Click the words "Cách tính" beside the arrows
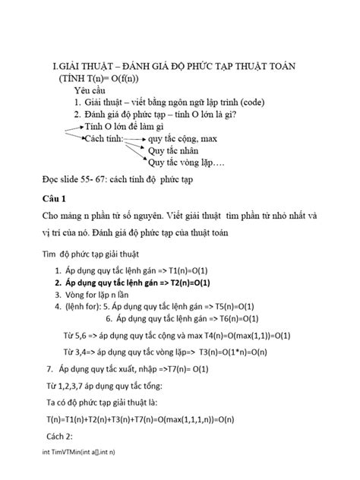[x=103, y=139]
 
